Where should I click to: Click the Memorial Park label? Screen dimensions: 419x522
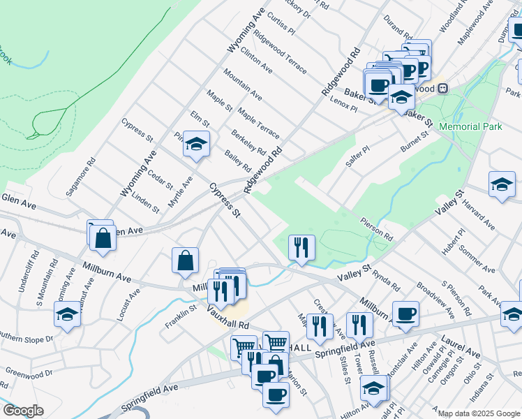[471, 126]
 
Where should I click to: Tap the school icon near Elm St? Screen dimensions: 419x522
[197, 145]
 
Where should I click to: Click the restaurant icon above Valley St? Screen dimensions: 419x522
[301, 247]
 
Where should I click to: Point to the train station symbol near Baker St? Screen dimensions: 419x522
[442, 89]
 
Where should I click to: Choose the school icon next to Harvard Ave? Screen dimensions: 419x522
[501, 185]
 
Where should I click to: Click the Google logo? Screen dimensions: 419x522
[22, 411]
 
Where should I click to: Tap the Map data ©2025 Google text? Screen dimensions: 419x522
[479, 413]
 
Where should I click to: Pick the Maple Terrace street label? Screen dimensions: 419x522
[258, 122]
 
